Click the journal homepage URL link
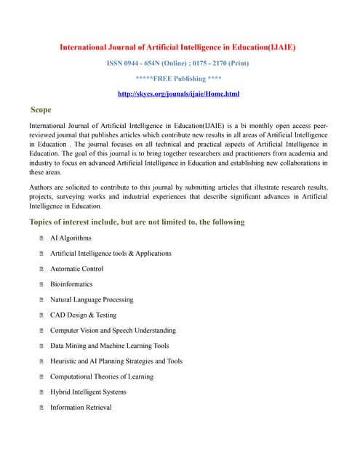[x=178, y=94]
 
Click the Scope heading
[x=41, y=110]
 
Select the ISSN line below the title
[x=178, y=63]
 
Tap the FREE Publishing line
[x=178, y=78]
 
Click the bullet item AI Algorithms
[x=71, y=238]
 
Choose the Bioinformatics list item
[x=71, y=284]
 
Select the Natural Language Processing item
[x=92, y=299]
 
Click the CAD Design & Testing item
[x=83, y=315]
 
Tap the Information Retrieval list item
[x=81, y=408]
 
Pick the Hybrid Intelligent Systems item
[x=88, y=392]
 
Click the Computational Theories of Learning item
[x=102, y=376]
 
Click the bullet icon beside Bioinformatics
[x=42, y=285]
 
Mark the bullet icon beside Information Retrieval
[x=42, y=408]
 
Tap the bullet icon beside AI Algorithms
[x=42, y=238]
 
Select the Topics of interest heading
[x=137, y=222]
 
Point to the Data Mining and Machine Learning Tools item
[x=109, y=346]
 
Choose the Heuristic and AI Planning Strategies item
[x=116, y=361]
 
